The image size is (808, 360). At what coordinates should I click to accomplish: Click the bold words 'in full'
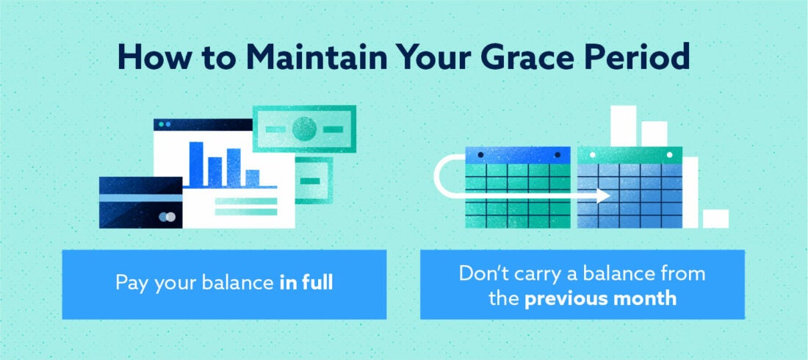coord(306,283)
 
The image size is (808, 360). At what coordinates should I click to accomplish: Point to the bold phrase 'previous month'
coord(600,298)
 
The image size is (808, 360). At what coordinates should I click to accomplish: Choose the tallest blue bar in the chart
coord(196,163)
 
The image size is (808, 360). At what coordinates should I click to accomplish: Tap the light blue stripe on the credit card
coord(140,198)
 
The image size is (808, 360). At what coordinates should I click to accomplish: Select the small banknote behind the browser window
coord(314,181)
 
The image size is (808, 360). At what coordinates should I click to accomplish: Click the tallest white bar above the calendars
coord(623,126)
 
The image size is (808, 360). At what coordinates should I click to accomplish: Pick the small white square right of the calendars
coord(715,219)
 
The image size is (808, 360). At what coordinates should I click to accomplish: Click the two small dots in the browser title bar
coord(164,125)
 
